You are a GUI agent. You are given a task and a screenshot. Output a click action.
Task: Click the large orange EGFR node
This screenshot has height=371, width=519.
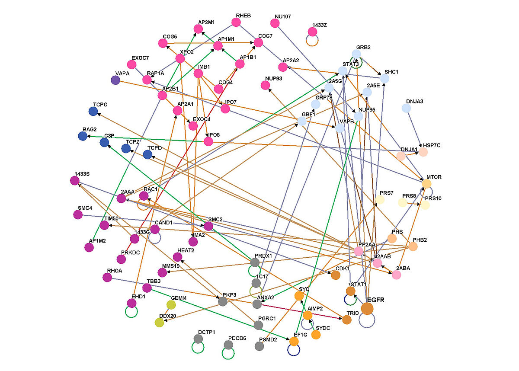pos(367,308)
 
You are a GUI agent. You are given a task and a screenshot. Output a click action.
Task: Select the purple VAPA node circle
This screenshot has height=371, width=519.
pos(115,80)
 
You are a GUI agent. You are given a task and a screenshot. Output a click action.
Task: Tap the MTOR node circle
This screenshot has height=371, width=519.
pos(426,184)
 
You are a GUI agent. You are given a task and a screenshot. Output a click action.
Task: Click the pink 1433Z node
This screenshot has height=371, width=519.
pos(312,32)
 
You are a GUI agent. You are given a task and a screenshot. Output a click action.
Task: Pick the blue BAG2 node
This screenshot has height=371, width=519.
pos(83,136)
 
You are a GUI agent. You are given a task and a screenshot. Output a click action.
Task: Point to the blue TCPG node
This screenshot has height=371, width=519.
pos(93,112)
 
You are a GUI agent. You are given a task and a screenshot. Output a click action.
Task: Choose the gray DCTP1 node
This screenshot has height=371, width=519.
pos(198,339)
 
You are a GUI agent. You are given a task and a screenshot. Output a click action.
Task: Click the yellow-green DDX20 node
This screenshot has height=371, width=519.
pos(159,322)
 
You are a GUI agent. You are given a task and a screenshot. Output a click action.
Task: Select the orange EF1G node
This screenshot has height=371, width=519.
pos(294,341)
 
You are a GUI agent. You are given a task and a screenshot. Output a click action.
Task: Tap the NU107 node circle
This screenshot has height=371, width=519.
pos(275,23)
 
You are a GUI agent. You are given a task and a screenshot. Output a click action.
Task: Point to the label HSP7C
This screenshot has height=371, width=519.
pos(431,145)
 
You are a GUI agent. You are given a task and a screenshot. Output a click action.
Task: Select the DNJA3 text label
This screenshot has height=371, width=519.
pos(414,101)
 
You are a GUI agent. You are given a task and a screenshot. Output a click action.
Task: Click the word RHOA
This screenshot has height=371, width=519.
pos(115,271)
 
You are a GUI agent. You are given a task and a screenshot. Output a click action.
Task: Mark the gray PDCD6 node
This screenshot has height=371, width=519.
pos(228,345)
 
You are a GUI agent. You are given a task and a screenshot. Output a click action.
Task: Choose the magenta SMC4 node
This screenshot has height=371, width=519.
pos(78,214)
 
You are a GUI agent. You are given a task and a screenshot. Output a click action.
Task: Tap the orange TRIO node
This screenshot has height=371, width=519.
pos(347,320)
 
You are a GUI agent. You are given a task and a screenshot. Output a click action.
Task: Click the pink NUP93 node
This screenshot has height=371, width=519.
pos(266,86)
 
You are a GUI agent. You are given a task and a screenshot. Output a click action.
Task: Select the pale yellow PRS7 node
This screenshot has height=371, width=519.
pos(380,200)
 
